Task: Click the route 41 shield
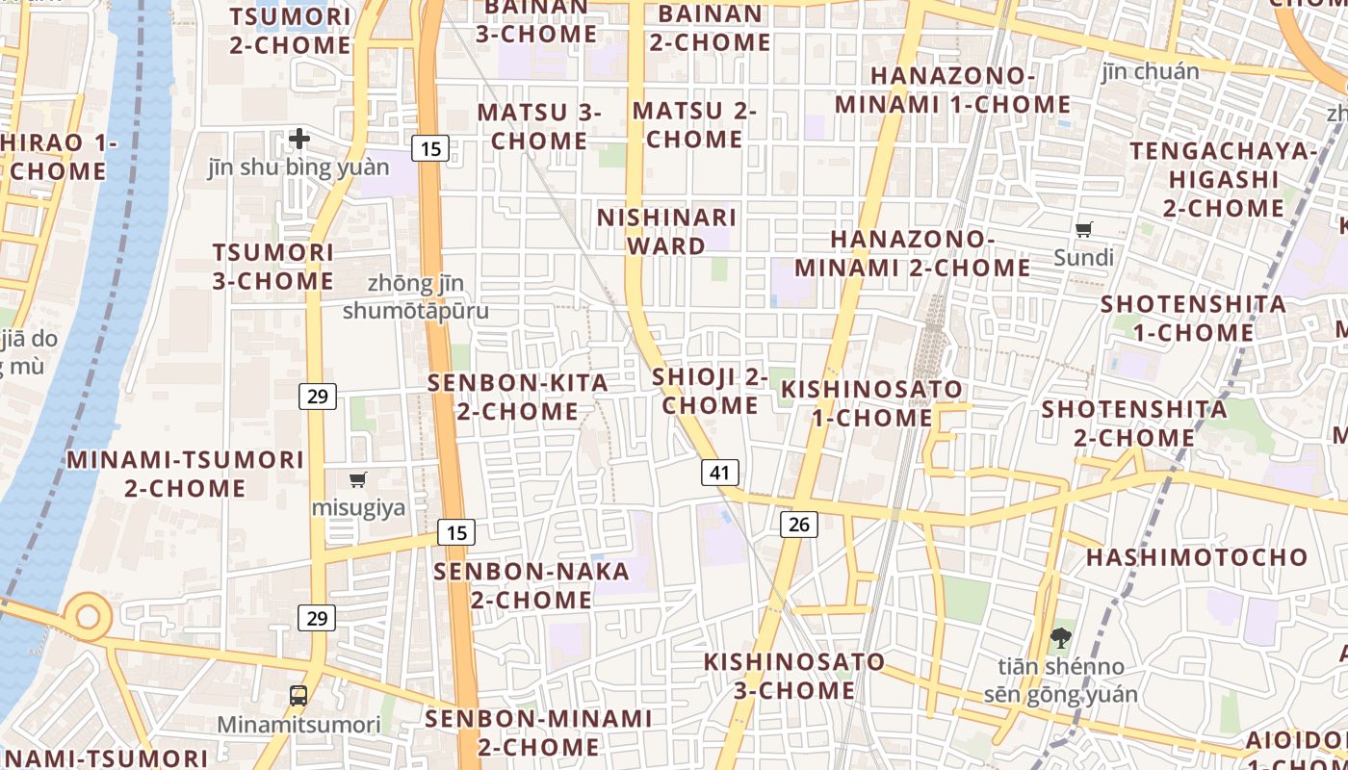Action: pos(720,473)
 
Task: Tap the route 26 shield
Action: pos(798,524)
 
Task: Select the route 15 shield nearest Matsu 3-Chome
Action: pos(430,148)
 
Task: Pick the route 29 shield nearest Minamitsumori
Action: pos(317,618)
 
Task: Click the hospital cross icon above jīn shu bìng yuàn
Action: pos(299,139)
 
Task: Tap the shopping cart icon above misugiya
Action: pos(358,479)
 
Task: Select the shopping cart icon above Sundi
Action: pos(1084,229)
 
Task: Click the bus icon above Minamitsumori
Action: pos(298,695)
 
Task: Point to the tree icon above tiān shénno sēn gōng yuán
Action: pos(1060,636)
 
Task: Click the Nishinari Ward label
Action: pos(666,231)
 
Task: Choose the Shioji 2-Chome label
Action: pos(710,391)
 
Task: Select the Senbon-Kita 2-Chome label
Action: pos(518,397)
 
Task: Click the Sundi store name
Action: pos(1084,258)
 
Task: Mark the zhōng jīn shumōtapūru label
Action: pos(416,297)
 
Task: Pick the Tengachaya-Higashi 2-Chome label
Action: pos(1223,179)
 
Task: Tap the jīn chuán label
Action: pos(1151,71)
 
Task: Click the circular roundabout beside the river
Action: pos(88,617)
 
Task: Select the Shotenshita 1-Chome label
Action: pos(1193,318)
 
